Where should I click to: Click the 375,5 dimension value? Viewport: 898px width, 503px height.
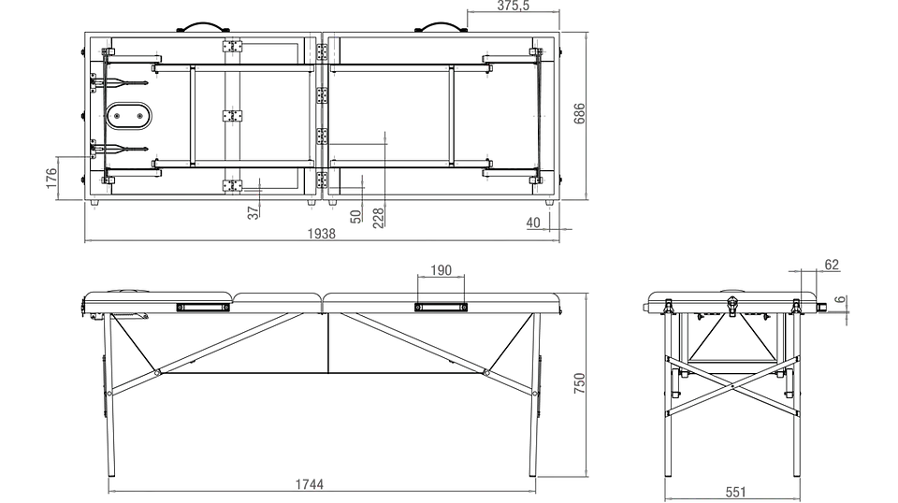pos(514,6)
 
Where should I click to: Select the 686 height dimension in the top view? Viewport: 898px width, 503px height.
pos(580,114)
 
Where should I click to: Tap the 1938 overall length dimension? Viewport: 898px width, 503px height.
pos(321,234)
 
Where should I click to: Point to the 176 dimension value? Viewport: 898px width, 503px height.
pos(51,178)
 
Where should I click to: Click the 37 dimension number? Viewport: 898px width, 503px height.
pos(253,213)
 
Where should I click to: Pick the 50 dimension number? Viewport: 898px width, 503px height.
pos(355,216)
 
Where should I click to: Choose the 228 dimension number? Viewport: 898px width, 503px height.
pos(379,218)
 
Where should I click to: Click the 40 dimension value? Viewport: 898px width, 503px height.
pos(533,223)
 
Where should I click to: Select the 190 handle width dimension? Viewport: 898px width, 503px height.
pos(441,270)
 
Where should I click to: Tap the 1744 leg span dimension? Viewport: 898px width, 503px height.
pos(310,484)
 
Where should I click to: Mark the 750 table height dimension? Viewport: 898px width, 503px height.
pos(580,382)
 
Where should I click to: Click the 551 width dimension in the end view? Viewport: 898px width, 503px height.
pos(736,492)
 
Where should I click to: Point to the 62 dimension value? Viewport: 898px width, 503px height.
pos(832,265)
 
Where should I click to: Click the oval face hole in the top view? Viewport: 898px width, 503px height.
pos(129,116)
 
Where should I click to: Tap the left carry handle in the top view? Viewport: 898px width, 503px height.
pos(203,27)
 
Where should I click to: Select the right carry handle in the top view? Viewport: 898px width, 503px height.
pos(441,27)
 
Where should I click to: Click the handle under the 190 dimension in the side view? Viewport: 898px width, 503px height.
pos(441,308)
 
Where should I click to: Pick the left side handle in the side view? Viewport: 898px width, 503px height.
pos(203,308)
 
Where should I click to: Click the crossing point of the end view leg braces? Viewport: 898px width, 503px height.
pos(732,386)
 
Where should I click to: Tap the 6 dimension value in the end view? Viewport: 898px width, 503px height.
pos(840,299)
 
